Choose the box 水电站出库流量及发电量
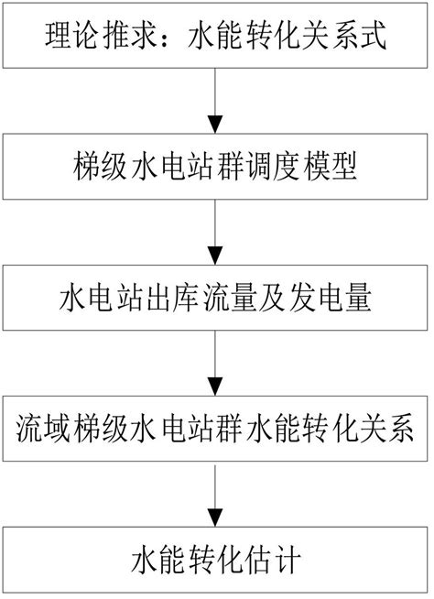coord(216,298)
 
